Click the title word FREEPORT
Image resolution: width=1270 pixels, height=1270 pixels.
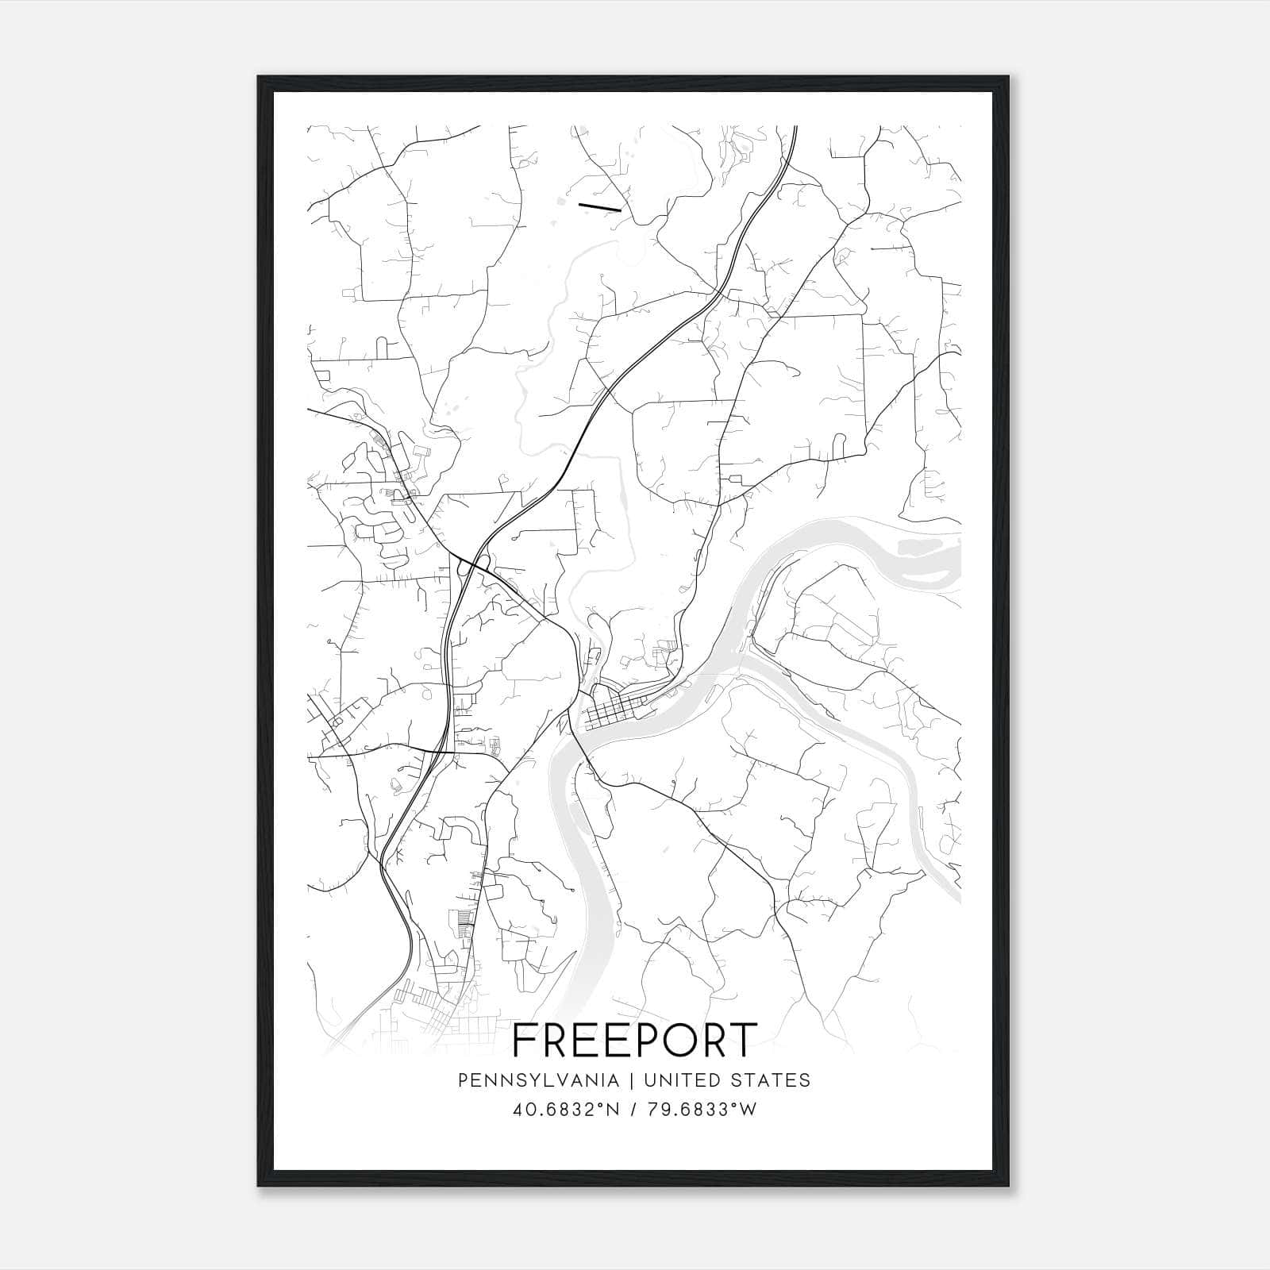coord(635,1041)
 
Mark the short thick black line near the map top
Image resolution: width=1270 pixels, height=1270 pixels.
coord(599,207)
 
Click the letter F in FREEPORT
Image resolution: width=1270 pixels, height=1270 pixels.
coord(525,1041)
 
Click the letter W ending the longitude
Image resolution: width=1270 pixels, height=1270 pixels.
coord(748,1110)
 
